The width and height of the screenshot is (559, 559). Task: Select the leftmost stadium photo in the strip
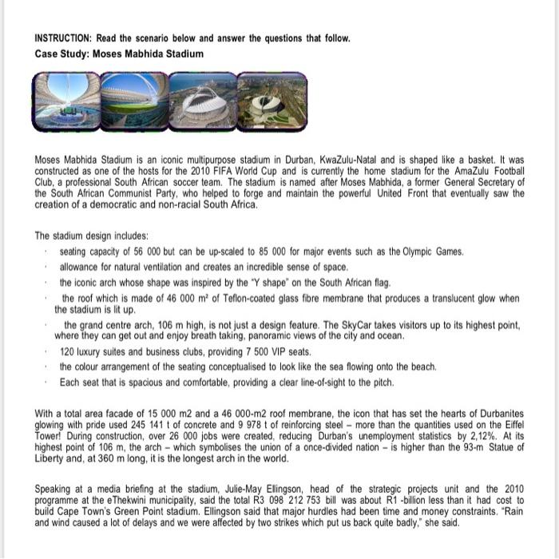pos(66,101)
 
